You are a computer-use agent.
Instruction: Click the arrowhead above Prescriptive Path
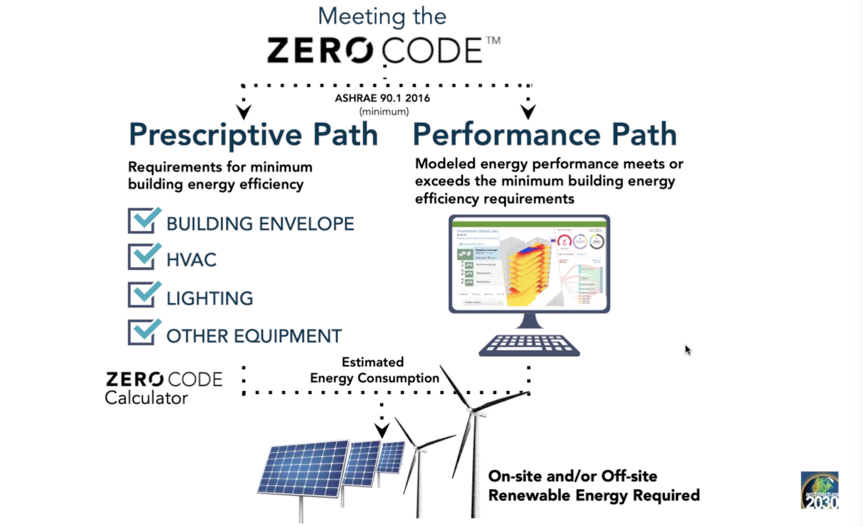[x=244, y=111]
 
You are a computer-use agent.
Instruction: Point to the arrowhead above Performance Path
[x=528, y=111]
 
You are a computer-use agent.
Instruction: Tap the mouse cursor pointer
[x=687, y=349]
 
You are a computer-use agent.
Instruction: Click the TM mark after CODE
[x=493, y=41]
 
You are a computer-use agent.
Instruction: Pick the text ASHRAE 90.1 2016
[x=382, y=98]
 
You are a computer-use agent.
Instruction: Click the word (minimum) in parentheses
[x=384, y=112]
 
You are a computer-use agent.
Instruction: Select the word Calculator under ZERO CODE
[x=146, y=398]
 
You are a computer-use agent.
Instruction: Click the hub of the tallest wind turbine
[x=473, y=410]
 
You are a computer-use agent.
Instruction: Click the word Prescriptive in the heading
[x=215, y=135]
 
